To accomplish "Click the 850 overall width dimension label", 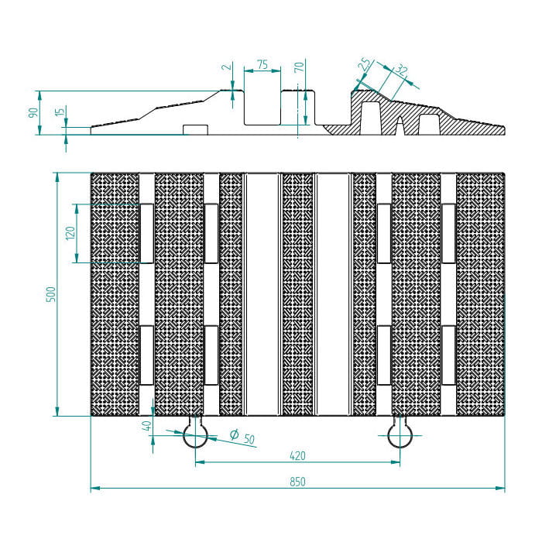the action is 297,482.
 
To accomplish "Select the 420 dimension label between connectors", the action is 297,456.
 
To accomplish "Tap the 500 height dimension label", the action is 51,294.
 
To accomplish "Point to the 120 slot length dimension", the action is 70,233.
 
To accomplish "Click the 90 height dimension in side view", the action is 33,113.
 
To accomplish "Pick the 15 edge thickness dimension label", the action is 60,111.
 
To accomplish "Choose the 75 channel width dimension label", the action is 262,64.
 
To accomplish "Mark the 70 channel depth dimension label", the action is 300,67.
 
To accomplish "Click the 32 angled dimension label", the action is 401,70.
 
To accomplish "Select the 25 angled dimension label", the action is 364,64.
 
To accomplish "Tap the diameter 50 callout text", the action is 242,437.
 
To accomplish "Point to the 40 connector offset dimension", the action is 147,426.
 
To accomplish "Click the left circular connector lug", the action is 195,435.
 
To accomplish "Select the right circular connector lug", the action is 400,435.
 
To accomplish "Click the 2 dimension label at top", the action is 228,67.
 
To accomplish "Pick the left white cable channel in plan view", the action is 262,294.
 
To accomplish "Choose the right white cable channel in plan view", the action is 334,294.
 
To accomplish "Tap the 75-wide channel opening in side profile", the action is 262,108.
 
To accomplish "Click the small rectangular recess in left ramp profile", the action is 195,129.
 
